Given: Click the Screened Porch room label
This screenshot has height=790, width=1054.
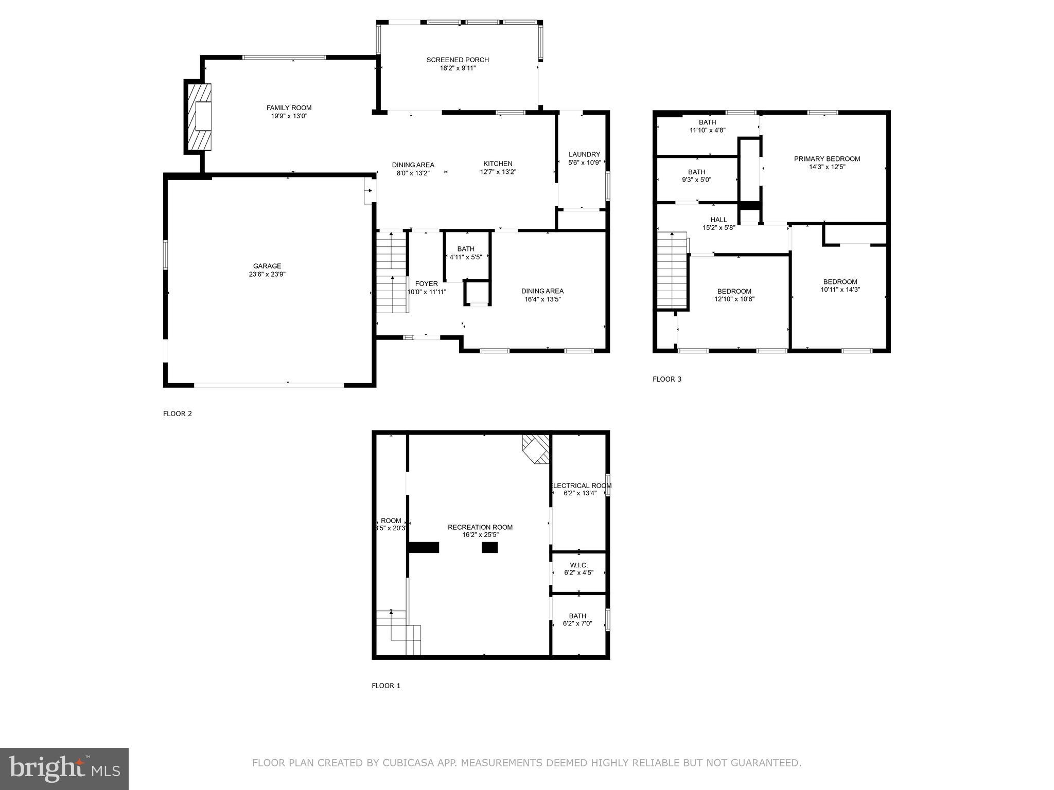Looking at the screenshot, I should pyautogui.click(x=458, y=60).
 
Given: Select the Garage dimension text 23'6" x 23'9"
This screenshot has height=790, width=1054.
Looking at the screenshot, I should pyautogui.click(x=267, y=274).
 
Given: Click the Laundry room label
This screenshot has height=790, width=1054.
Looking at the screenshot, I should pyautogui.click(x=584, y=154).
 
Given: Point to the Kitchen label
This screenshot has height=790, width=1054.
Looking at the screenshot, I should pyautogui.click(x=498, y=164).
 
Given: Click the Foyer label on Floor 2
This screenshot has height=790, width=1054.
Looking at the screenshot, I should pyautogui.click(x=426, y=284).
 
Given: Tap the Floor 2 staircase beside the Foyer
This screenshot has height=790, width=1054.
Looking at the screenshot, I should pyautogui.click(x=392, y=273).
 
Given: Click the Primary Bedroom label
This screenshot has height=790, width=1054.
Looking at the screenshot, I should pyautogui.click(x=827, y=159).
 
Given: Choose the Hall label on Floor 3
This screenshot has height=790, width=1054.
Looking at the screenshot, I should pyautogui.click(x=718, y=220).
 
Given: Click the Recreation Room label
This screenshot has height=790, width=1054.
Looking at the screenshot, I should pyautogui.click(x=480, y=527).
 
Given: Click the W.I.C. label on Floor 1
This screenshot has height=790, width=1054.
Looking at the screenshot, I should pyautogui.click(x=578, y=565).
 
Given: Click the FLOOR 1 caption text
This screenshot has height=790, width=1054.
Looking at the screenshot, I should pyautogui.click(x=386, y=686).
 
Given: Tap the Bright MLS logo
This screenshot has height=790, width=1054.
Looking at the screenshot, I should pyautogui.click(x=64, y=769).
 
